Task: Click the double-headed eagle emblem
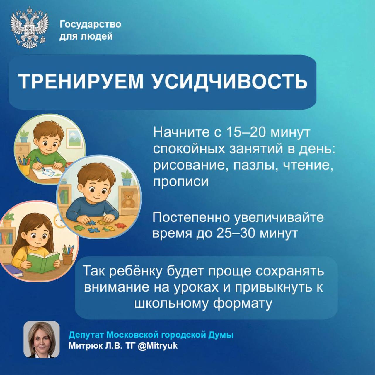tap(29, 27)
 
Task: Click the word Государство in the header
tap(90, 24)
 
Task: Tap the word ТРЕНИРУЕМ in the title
tap(81, 81)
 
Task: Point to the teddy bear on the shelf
tap(128, 199)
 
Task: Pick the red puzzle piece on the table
tap(121, 225)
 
